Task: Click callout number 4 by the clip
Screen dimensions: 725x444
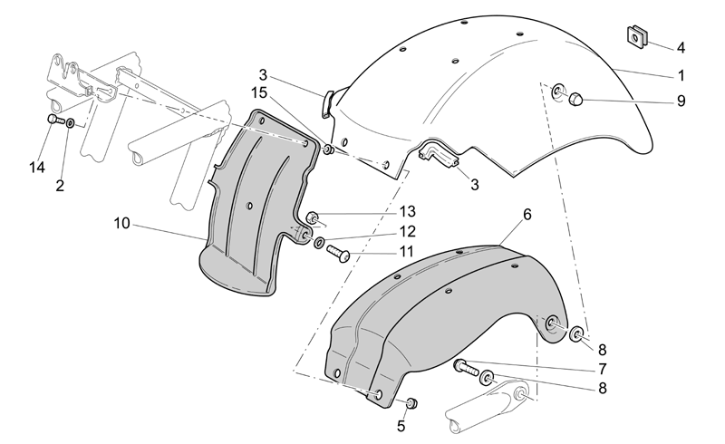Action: pos(681,48)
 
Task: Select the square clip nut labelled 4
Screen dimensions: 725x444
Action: pos(637,36)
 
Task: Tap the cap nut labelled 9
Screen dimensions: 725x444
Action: pos(575,99)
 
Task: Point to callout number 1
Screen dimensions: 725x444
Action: pos(681,75)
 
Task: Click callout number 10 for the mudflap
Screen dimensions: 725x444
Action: pos(122,224)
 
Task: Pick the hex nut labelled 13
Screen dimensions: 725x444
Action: pos(312,217)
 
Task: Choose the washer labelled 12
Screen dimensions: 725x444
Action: pos(319,242)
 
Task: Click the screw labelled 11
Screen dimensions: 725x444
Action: pos(338,254)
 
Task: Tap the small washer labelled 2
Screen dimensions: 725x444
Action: pos(71,123)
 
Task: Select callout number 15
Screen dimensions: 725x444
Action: pos(259,93)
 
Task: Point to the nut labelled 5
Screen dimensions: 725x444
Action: pos(411,403)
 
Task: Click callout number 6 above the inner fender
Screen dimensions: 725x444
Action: pos(527,215)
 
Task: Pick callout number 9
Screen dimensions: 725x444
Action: pos(681,101)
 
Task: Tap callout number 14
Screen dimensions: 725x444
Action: pos(37,168)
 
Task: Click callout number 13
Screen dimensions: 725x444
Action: pos(408,211)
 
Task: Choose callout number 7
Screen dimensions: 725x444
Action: pos(602,369)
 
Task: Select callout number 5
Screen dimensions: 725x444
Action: pos(401,427)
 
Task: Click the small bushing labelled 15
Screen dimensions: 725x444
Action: pos(328,150)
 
